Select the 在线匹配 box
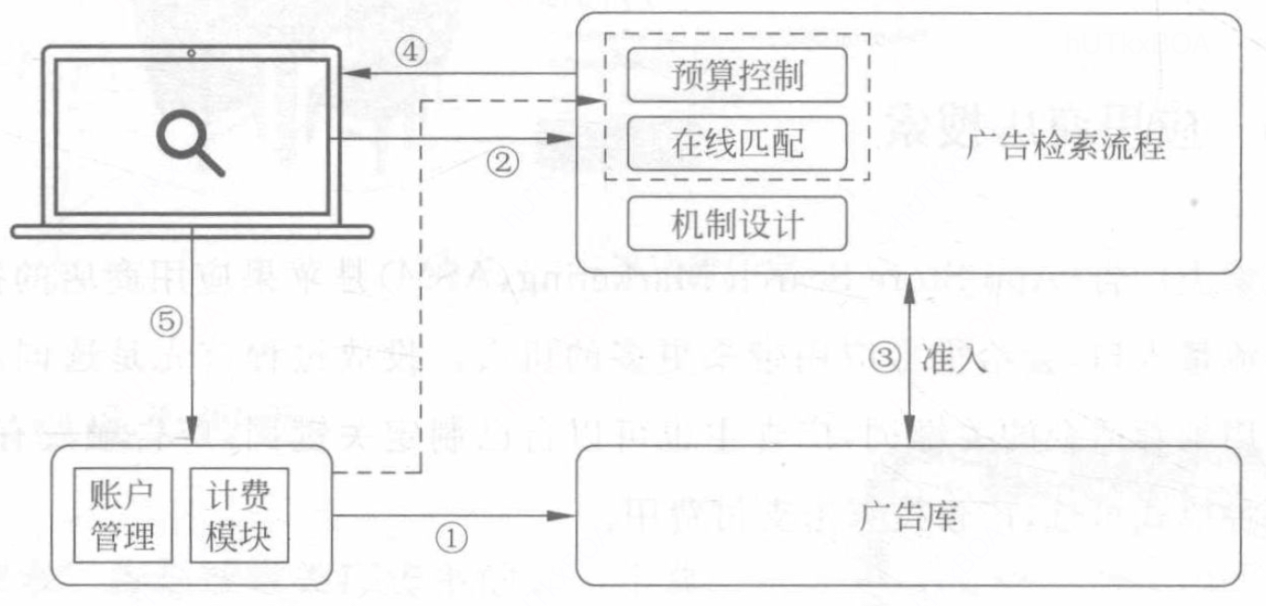pos(737,144)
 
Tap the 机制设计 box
pos(737,223)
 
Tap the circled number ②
pos(501,163)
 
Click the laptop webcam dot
pos(191,53)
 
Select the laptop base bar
pos(193,231)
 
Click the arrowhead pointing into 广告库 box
pos(567,515)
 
